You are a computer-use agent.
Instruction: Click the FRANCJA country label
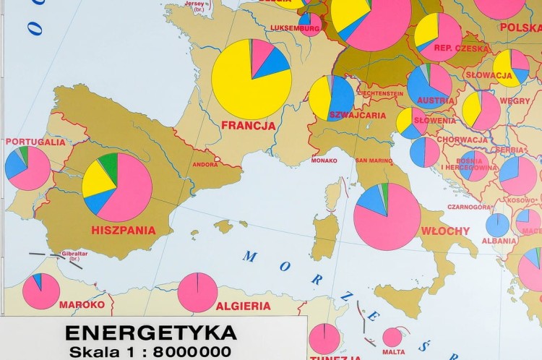(248, 125)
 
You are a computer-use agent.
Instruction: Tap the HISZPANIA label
(124, 231)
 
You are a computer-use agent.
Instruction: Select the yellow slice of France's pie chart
(242, 87)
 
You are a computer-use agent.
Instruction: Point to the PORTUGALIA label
(35, 142)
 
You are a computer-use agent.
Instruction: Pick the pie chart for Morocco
(41, 291)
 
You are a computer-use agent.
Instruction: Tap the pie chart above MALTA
(392, 337)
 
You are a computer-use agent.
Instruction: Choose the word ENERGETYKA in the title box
(150, 333)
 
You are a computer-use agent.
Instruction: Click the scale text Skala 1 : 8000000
(150, 352)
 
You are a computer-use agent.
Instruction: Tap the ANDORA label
(205, 164)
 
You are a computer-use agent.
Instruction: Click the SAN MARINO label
(374, 160)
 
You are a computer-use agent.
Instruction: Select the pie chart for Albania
(497, 225)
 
